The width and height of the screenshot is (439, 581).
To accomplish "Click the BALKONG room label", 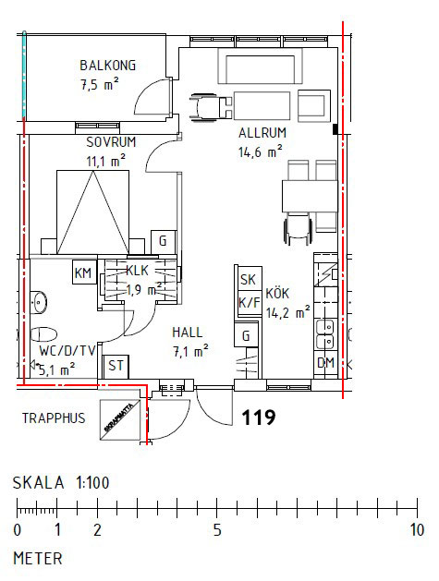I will (x=107, y=66).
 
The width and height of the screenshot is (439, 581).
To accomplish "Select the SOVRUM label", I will (x=111, y=142).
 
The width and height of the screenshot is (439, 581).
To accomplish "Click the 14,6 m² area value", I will (x=260, y=153).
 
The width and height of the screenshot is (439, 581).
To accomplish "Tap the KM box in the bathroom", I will (x=83, y=272).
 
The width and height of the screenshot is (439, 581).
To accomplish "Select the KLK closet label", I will (x=139, y=272).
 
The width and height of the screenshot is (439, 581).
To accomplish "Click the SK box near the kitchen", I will (x=247, y=281).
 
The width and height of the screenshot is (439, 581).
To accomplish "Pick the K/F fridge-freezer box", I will (x=248, y=301).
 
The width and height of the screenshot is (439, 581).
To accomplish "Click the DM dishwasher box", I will (x=325, y=364).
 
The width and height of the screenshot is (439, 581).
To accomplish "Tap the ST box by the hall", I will (x=116, y=366).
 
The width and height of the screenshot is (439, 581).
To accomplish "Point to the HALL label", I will (x=187, y=332).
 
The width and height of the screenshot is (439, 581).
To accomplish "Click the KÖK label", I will (x=278, y=294).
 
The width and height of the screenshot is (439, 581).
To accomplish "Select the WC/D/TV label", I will (x=67, y=350).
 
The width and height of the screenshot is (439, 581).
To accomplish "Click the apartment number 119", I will (x=258, y=418).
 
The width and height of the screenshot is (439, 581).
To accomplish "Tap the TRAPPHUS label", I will (x=54, y=418).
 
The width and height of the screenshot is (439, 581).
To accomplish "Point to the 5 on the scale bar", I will (x=216, y=530).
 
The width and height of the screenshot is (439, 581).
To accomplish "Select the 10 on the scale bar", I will (x=417, y=530).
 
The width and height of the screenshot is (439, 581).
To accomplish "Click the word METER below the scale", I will (x=37, y=558).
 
